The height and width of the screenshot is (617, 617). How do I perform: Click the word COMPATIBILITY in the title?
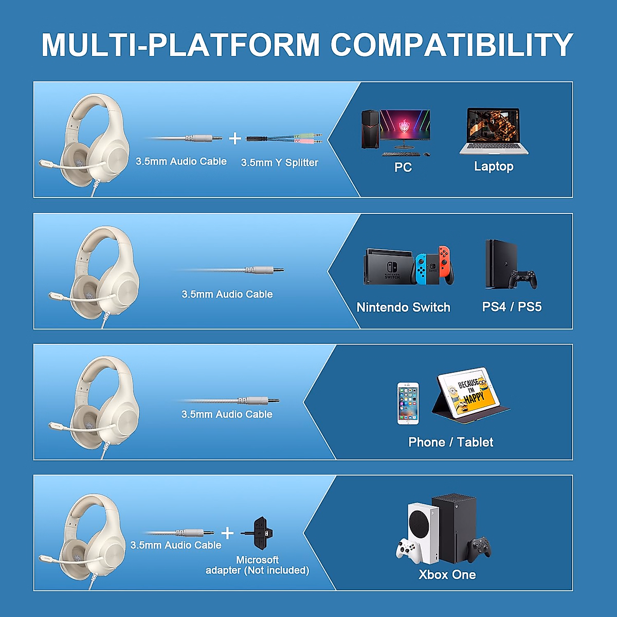[451, 45]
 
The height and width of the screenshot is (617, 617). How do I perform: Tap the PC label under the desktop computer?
[403, 167]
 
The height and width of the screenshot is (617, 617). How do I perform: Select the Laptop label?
[494, 166]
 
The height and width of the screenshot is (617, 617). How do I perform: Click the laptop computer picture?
[494, 131]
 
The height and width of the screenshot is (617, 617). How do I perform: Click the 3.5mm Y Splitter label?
[280, 162]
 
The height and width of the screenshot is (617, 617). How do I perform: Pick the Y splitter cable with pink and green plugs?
[284, 138]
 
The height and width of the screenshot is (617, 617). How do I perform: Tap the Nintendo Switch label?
[404, 307]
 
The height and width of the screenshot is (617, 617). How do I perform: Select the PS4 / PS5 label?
[512, 307]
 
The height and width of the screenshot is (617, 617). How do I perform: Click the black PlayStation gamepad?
[523, 279]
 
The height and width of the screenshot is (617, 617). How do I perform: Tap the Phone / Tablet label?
[450, 442]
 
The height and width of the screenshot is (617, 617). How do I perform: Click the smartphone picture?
[408, 404]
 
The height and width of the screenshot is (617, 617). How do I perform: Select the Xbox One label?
[447, 575]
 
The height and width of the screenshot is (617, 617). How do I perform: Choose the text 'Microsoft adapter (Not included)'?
[258, 565]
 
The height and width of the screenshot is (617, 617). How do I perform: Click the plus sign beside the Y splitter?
[235, 138]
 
